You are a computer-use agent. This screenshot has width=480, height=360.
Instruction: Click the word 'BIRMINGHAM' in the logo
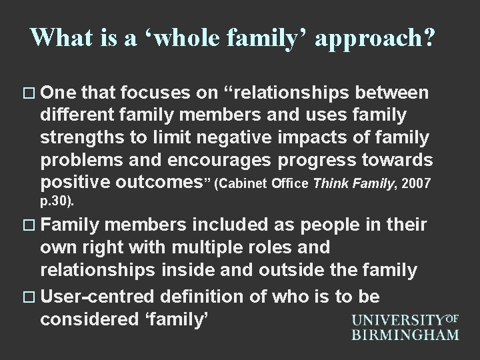(x=406, y=333)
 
